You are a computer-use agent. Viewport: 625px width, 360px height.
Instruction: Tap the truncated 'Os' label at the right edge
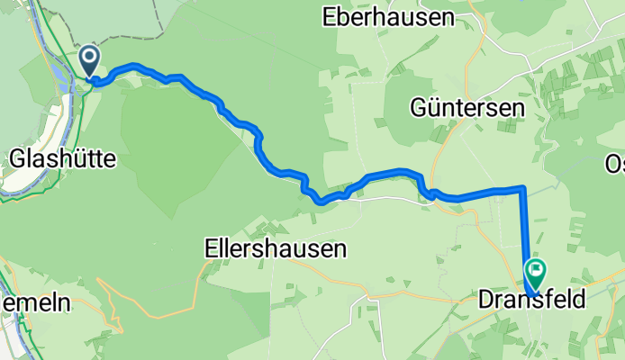614,163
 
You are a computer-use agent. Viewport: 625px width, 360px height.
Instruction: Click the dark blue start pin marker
90,61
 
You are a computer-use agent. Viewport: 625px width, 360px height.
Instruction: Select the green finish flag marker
537,268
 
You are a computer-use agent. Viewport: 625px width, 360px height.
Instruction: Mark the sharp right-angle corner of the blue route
522,188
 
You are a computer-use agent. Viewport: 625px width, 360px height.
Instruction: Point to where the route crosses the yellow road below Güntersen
433,193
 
